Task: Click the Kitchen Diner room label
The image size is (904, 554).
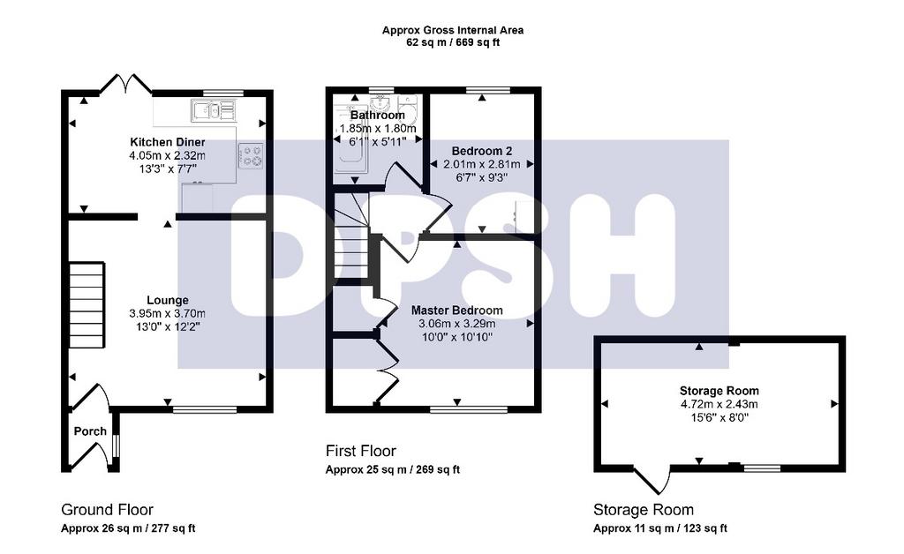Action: pos(167,142)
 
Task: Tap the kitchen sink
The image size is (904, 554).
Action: pos(214,110)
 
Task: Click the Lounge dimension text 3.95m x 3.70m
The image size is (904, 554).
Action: pos(167,314)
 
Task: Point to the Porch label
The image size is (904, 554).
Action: pos(90,431)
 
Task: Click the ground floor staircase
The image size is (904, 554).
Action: pos(87,304)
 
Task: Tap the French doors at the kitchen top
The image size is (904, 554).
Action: pos(126,84)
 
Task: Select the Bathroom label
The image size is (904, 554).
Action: pos(378,116)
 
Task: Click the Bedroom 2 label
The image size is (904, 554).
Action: pos(482,151)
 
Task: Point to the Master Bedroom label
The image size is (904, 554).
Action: pos(456,311)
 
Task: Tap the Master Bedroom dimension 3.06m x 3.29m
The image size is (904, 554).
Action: pos(456,324)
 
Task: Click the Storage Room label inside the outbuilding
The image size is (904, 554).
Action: pos(719,391)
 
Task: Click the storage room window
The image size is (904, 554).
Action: pos(762,468)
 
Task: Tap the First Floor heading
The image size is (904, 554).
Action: pos(361,451)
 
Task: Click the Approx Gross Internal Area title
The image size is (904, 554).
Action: pos(453,30)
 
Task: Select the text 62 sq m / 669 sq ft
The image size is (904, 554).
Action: pos(453,42)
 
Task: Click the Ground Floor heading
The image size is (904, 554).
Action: pos(107,510)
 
